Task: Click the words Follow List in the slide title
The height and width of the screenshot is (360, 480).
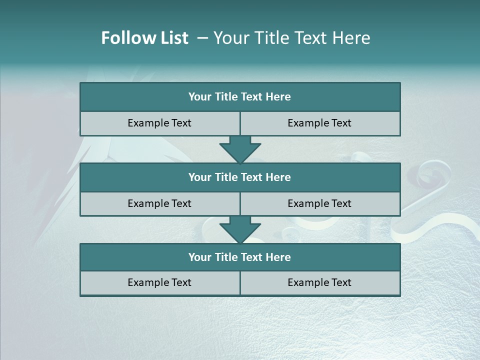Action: point(144,38)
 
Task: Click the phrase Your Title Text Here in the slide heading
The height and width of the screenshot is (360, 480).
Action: point(291,38)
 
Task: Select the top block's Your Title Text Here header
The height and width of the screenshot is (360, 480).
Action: point(239,97)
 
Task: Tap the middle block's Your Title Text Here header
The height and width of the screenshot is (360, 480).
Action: point(239,177)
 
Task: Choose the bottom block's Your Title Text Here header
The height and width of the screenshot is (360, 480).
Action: point(239,257)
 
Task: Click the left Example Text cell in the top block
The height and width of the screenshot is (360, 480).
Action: point(159,123)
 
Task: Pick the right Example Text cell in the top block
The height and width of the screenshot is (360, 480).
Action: point(319,123)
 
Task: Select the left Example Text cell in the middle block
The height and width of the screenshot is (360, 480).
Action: point(159,203)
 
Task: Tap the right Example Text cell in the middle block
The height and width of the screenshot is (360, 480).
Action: point(319,203)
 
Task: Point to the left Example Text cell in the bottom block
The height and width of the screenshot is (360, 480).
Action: point(159,282)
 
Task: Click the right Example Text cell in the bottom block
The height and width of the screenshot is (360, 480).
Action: point(319,282)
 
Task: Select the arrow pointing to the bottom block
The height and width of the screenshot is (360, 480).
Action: point(240,229)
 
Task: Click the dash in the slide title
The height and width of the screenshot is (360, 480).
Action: point(202,38)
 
